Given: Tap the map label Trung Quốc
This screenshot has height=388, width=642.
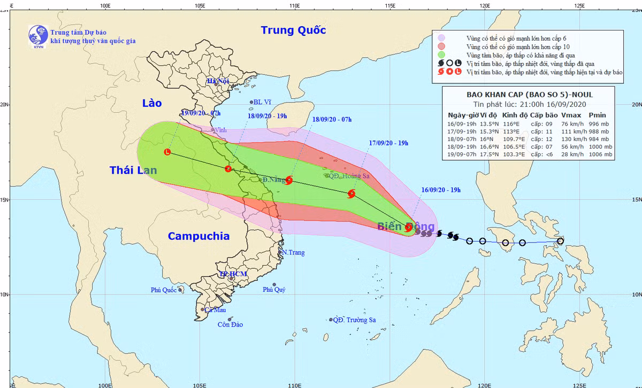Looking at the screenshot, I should [x=293, y=30].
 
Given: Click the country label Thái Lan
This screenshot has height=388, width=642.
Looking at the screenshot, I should [x=133, y=170].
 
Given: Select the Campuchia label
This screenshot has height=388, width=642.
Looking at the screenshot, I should [x=198, y=236].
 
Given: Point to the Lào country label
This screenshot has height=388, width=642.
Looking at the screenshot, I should [x=152, y=103].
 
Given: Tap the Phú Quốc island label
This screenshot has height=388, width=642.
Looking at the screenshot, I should [x=164, y=290].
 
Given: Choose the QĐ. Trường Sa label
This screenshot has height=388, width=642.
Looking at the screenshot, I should [x=354, y=320].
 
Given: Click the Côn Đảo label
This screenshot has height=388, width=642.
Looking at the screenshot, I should [x=230, y=324].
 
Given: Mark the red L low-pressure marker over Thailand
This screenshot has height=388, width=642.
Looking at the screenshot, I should [x=167, y=152].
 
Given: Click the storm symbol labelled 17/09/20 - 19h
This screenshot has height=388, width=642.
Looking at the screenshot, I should [x=351, y=193].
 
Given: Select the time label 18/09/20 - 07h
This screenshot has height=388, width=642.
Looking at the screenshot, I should [x=332, y=119].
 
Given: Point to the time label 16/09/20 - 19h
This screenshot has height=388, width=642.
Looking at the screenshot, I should [x=441, y=190].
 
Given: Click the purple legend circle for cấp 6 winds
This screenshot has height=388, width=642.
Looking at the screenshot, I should [x=441, y=38].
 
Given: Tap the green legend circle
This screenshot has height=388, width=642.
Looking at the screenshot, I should [x=441, y=55].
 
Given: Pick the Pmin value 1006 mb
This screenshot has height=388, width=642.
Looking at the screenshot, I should [x=600, y=154].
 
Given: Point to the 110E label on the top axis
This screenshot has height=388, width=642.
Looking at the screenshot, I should [x=294, y=5].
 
